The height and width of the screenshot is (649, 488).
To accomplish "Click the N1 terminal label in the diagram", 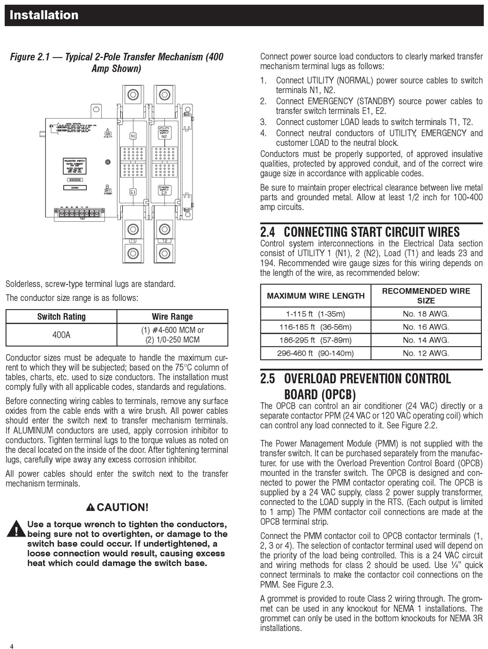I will pos(133,136).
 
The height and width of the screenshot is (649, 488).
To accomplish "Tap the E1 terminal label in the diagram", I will pos(133,191).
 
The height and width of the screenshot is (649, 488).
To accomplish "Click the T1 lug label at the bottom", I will pos(133,240).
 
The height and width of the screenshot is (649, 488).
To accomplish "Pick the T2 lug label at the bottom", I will pos(164,240).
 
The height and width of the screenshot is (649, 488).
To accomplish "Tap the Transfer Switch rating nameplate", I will pos(75,166).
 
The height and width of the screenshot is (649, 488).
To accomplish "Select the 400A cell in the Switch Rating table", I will pos(61,335).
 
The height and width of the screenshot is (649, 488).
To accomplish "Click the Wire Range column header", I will pos(172,317).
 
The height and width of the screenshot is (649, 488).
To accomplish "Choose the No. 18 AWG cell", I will pos(426,314).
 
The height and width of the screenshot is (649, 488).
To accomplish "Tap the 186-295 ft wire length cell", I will pos(315,340).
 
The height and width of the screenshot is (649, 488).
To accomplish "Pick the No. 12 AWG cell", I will pos(426,353).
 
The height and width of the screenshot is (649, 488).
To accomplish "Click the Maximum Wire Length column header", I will pos(315,295).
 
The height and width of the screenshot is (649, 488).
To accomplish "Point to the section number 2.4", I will pos(268,232).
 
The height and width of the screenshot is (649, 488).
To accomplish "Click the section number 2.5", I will pos(268,379).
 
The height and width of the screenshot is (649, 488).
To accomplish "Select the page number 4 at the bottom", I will pos(11,646).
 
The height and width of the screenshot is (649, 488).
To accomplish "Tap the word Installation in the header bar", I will pos(44,15).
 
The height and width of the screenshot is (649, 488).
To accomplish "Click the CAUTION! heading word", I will pos(122,507).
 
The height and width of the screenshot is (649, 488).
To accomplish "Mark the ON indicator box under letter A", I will pos(108,134).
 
